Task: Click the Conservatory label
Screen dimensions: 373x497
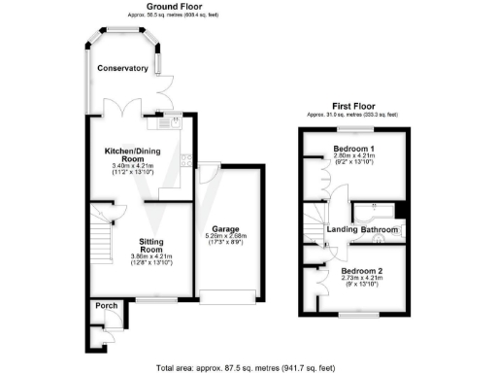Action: pos(121,68)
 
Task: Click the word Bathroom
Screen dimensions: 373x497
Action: pos(380,229)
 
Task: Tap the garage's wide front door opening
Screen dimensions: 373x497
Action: pos(228,295)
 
